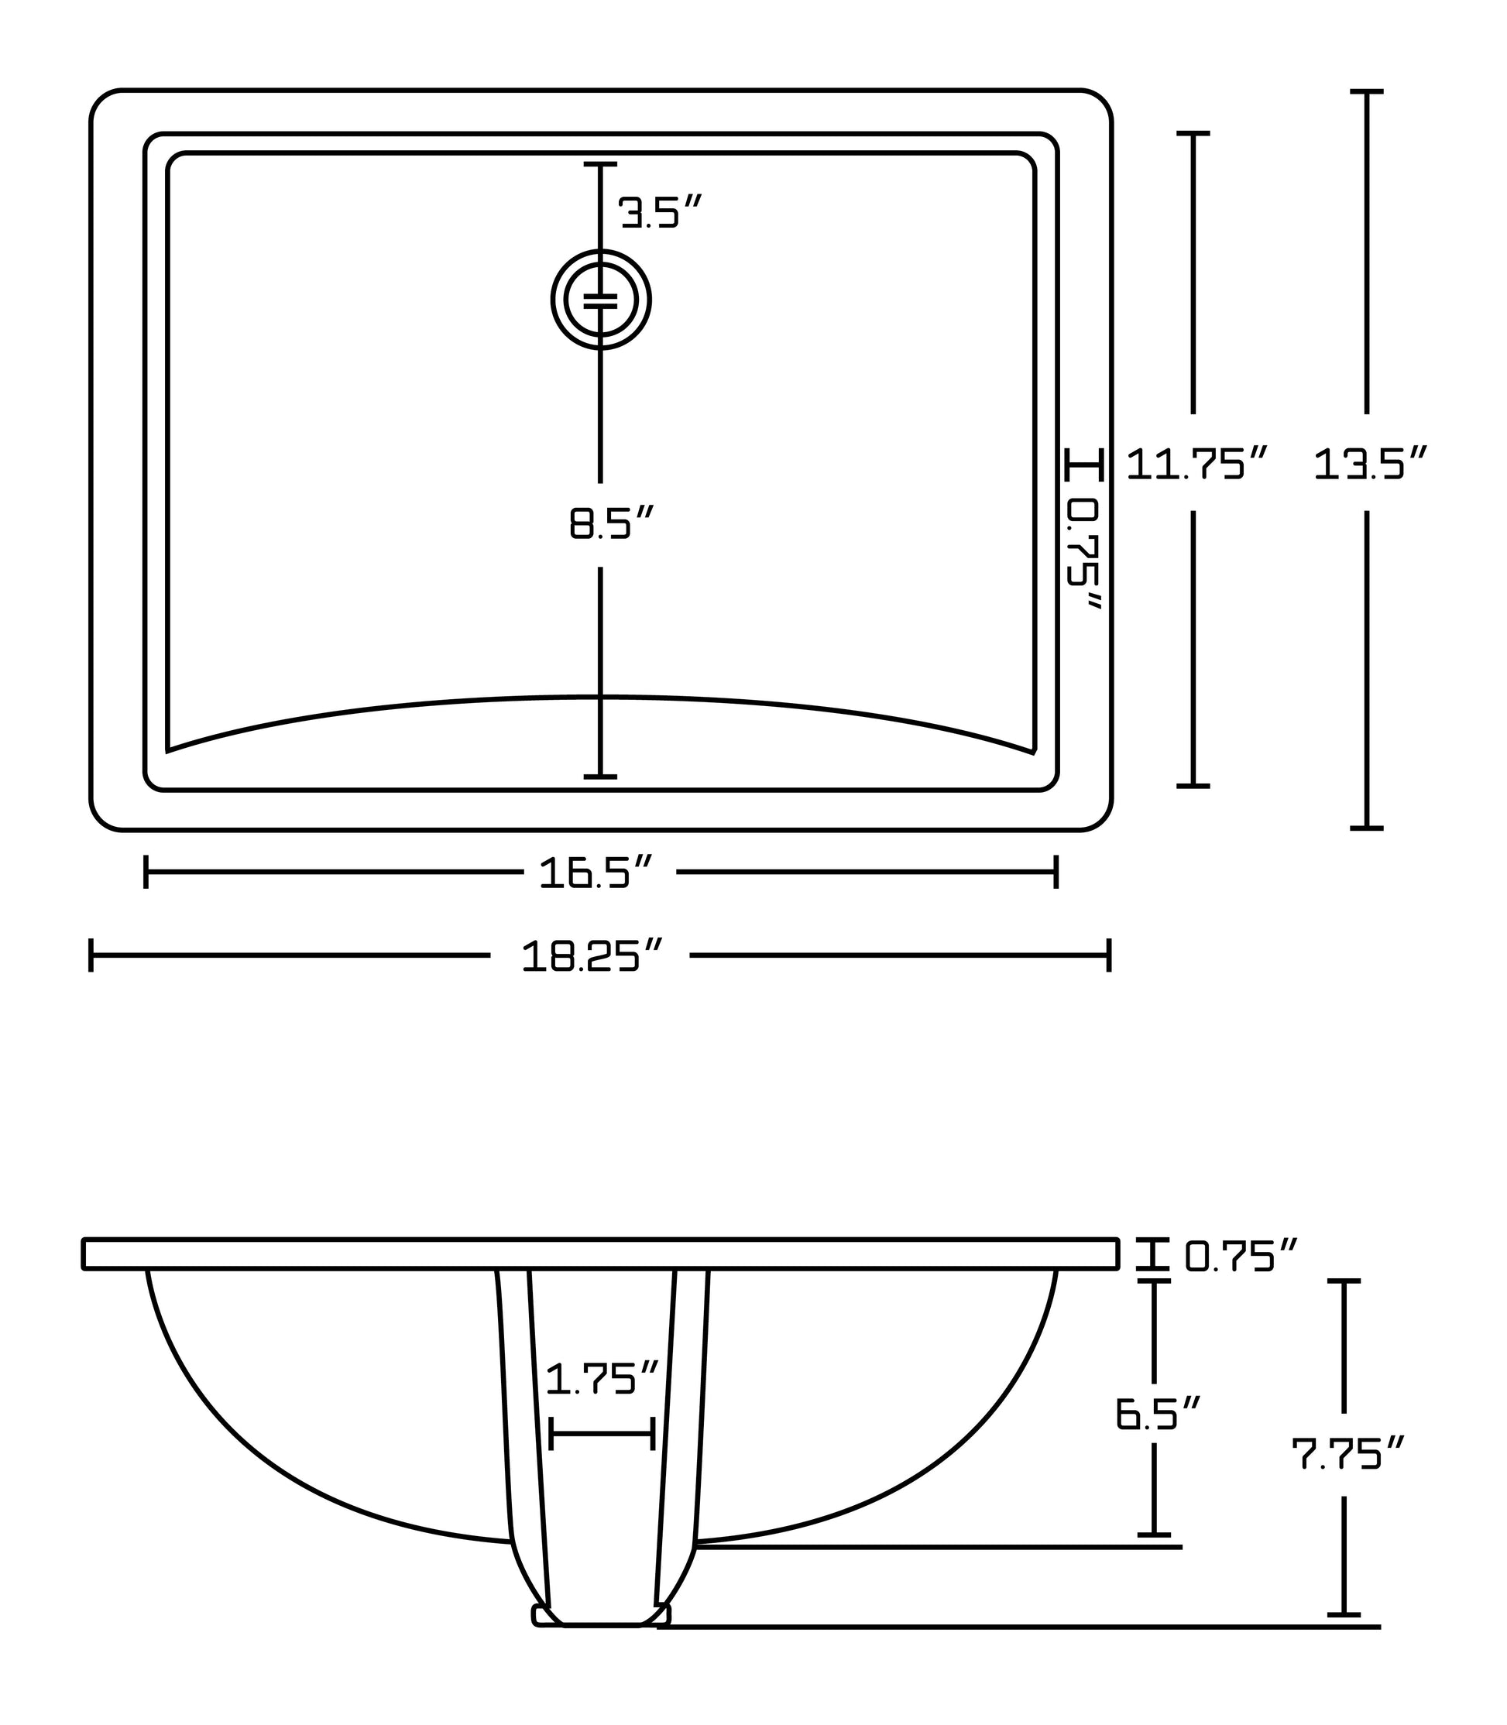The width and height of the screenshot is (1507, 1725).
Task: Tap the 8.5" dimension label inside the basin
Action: click(611, 522)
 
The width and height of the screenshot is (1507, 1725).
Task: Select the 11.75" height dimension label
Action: click(1196, 463)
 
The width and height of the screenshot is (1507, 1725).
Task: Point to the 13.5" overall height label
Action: click(1370, 463)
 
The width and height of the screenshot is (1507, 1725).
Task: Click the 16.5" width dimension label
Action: click(596, 872)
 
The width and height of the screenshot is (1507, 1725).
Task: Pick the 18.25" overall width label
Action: click(592, 956)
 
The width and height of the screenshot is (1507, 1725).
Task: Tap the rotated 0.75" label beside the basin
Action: click(1083, 554)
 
